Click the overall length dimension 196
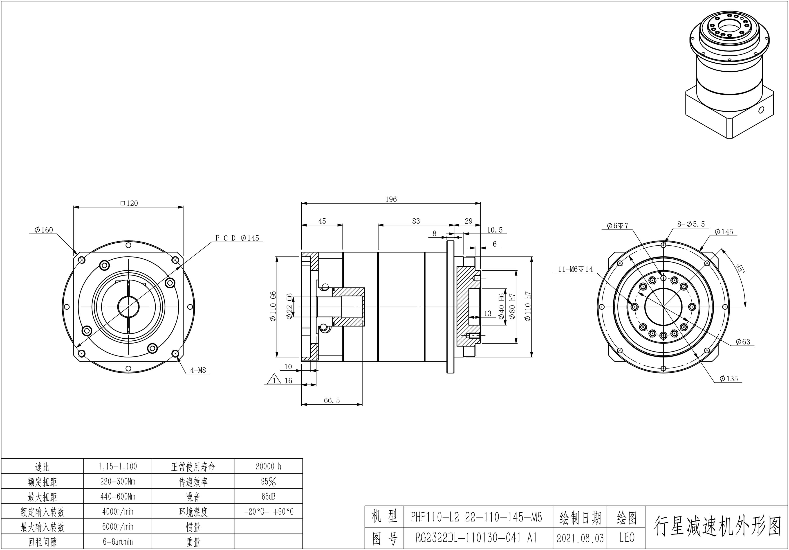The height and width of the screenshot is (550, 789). tap(391, 199)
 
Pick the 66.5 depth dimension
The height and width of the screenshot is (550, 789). tap(332, 400)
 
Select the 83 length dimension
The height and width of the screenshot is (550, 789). tap(416, 221)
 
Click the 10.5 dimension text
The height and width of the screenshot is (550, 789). tap(495, 230)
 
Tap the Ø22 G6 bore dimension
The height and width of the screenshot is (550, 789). tap(290, 306)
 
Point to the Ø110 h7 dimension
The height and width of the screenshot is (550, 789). tap(528, 306)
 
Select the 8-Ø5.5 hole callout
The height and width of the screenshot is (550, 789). tap(691, 224)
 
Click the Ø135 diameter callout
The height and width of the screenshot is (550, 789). tap(728, 379)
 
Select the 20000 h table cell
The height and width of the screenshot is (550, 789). tap(268, 466)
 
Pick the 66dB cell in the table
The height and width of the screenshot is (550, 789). tap(268, 496)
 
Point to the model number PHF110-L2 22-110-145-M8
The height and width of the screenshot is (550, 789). tap(476, 517)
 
